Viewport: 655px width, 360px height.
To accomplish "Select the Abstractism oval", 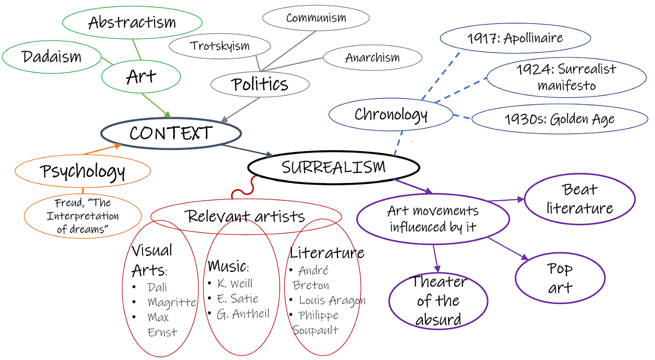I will (132, 22).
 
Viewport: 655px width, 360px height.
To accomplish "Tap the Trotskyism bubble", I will (219, 46).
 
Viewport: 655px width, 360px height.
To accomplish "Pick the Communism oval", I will (316, 18).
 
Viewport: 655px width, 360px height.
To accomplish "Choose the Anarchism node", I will (372, 58).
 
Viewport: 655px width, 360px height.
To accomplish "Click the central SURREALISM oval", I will (334, 167).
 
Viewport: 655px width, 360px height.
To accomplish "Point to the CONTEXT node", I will (171, 133).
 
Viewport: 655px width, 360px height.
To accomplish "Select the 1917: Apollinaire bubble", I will (515, 38).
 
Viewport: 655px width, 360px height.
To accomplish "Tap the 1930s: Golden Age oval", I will (560, 119).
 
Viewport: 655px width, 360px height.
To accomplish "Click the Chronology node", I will (391, 115).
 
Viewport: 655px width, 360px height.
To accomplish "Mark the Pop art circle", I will (560, 278).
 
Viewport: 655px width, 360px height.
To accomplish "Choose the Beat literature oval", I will (580, 199).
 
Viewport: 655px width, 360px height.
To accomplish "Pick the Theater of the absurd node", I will (438, 301).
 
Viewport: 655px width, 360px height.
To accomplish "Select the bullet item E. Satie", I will (238, 299).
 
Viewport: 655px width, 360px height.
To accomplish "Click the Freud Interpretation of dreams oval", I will (83, 216).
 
